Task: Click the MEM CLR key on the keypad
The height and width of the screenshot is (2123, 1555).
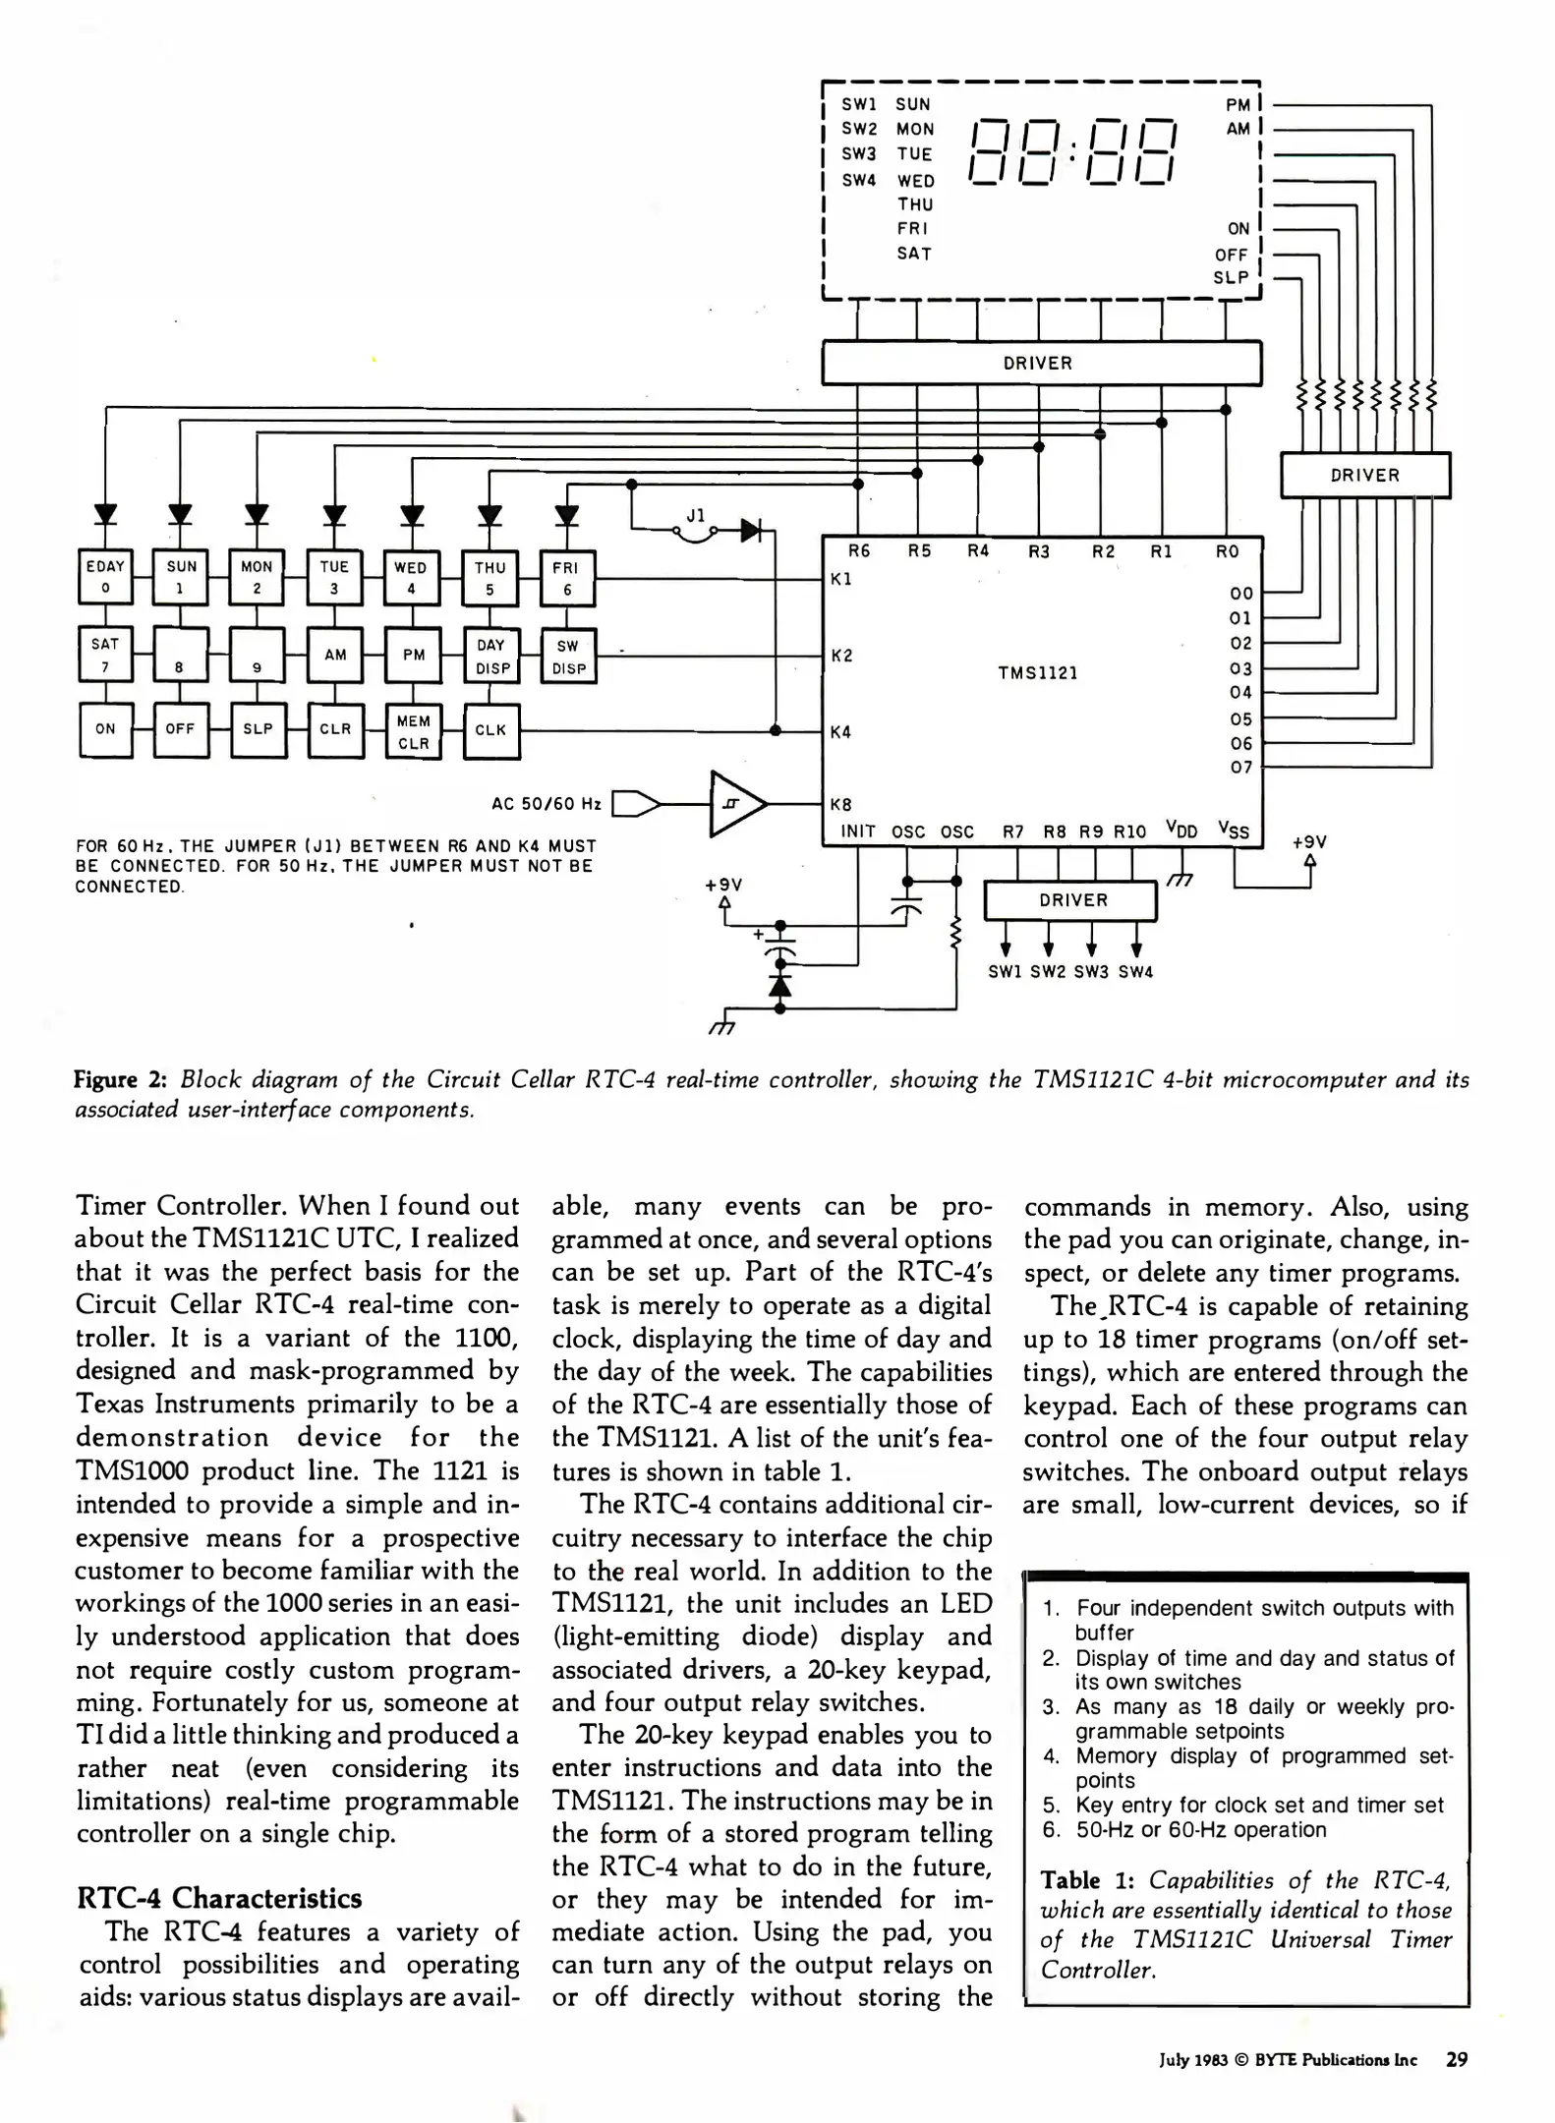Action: click(413, 731)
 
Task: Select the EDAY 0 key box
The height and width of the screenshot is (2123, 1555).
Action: click(105, 577)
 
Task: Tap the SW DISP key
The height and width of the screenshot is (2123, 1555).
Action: click(568, 657)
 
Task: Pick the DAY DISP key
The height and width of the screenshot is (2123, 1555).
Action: click(490, 656)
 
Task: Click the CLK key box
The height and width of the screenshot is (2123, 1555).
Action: click(490, 730)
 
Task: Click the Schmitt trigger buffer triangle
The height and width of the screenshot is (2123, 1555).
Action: click(734, 804)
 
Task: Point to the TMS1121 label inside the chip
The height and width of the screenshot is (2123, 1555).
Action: click(1037, 673)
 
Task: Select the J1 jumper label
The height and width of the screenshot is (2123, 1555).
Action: click(696, 514)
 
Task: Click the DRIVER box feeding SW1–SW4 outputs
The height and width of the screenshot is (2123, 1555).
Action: click(1071, 900)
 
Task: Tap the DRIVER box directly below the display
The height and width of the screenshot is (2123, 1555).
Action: click(1040, 363)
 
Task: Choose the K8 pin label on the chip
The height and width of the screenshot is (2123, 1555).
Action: click(841, 804)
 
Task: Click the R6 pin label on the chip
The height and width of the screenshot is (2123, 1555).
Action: click(858, 551)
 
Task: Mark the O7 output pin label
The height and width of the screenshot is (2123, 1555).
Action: click(1240, 768)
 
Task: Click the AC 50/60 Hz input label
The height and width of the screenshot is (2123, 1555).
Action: click(546, 804)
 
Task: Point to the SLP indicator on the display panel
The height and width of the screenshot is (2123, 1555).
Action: click(1230, 278)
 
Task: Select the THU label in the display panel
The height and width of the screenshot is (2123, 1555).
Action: click(914, 204)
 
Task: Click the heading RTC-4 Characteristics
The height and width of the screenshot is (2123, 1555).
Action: click(219, 1898)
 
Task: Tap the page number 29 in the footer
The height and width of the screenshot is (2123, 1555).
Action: click(1456, 2059)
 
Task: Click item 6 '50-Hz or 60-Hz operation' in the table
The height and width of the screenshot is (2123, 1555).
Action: click(1199, 1829)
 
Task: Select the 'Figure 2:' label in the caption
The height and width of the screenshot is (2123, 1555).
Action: click(121, 1080)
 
